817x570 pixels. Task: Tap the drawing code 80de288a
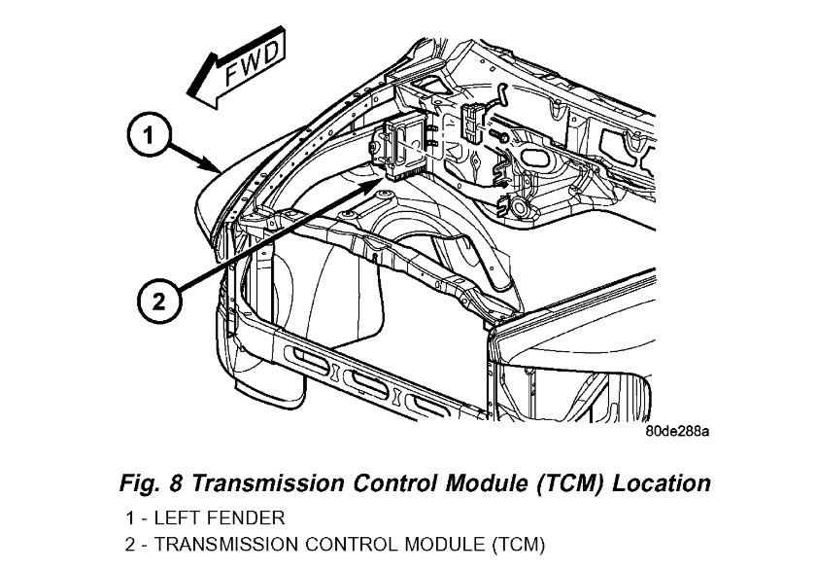click(x=677, y=430)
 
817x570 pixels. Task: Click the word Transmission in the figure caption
click(x=260, y=482)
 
